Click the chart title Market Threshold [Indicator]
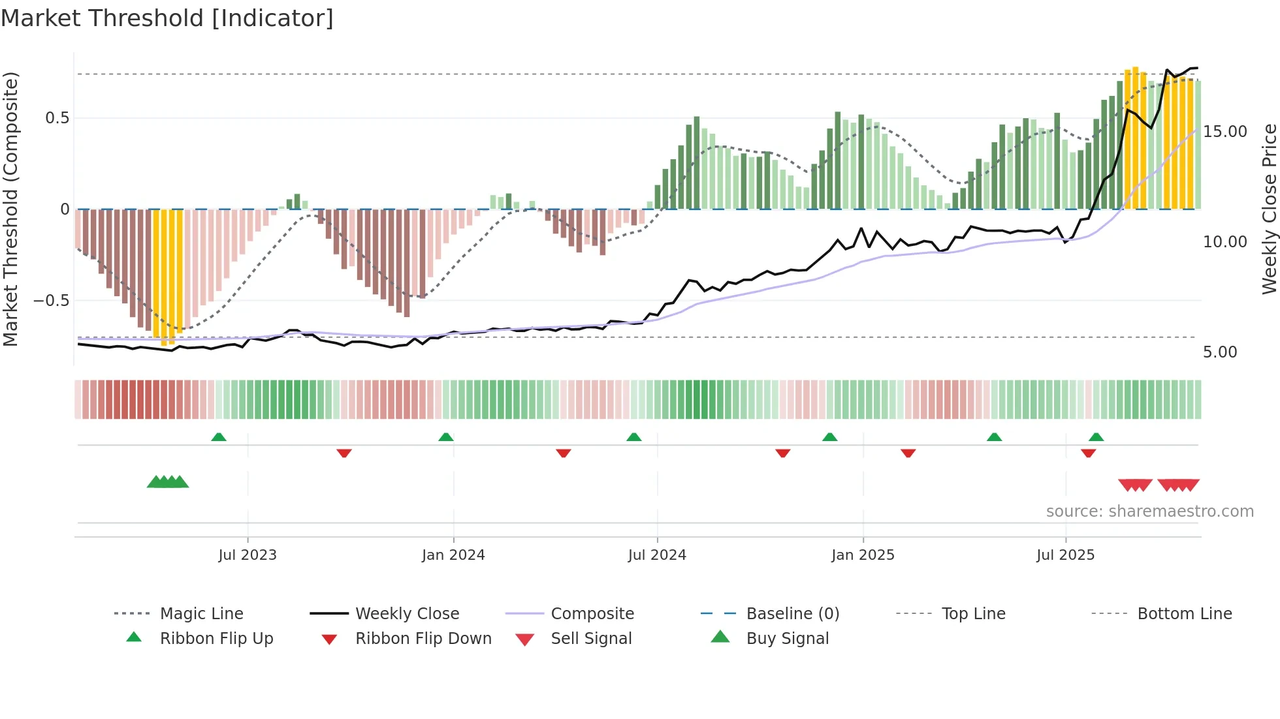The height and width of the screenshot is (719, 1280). click(167, 18)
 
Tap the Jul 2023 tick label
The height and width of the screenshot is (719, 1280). click(248, 555)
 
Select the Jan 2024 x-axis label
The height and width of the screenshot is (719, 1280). click(453, 555)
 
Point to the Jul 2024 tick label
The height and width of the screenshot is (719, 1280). click(657, 555)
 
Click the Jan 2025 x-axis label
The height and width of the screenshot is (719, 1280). click(863, 555)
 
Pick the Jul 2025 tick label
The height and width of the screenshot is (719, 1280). click(1065, 555)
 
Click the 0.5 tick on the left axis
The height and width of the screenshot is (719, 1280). click(57, 118)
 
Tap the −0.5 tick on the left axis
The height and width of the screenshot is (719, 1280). click(52, 301)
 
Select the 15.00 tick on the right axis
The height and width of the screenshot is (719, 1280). click(1225, 132)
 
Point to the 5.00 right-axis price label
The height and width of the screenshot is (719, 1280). click(1220, 352)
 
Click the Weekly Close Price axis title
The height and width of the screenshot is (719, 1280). click(1269, 209)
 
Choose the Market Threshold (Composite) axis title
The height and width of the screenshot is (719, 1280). click(10, 209)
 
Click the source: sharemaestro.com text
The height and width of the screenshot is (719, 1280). click(1149, 512)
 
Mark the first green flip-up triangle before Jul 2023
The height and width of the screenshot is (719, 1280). click(219, 437)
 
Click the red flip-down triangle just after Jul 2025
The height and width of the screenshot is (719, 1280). click(1088, 453)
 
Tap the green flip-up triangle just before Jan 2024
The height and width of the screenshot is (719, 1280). click(446, 437)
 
